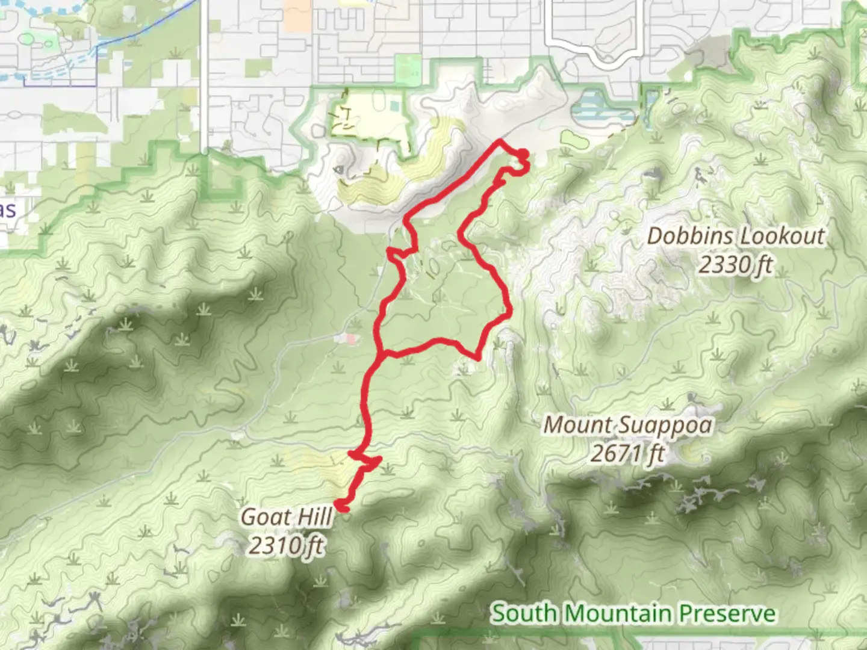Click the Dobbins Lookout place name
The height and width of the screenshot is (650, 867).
point(735,236)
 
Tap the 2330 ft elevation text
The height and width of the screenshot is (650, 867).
point(735,264)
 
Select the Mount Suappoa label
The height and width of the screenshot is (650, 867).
point(627,425)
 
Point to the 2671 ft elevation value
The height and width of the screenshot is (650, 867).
point(627,453)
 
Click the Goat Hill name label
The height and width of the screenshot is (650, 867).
point(286,517)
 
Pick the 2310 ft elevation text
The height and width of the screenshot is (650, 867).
point(286,545)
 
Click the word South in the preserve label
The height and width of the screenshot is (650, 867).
point(521,614)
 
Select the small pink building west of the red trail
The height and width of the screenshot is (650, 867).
point(350,339)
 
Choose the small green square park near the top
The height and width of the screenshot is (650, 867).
point(408,69)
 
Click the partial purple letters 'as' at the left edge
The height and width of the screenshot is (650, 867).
point(8,210)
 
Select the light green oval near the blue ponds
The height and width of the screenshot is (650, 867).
point(573,138)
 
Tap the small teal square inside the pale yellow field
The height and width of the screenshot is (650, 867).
point(394,107)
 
